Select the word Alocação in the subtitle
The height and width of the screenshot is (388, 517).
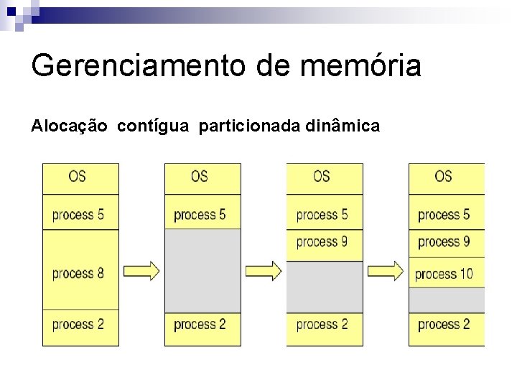pyautogui.click(x=70, y=126)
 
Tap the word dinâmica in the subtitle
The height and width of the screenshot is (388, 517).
pyautogui.click(x=343, y=126)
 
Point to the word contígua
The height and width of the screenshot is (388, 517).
pyautogui.click(x=153, y=126)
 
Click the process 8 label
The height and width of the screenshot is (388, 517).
pyautogui.click(x=78, y=273)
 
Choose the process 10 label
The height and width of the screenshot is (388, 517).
pyautogui.click(x=444, y=274)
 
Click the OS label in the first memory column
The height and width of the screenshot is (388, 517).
pyautogui.click(x=78, y=176)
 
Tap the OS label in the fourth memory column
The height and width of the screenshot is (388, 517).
pyautogui.click(x=444, y=176)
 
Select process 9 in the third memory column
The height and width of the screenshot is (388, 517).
pyautogui.click(x=322, y=241)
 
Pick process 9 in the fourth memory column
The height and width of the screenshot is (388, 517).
pyautogui.click(x=444, y=241)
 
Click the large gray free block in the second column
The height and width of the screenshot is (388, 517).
pyautogui.click(x=202, y=269)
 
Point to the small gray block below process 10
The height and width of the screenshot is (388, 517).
pyautogui.click(x=447, y=297)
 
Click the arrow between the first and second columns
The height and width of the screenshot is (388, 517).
pyautogui.click(x=141, y=271)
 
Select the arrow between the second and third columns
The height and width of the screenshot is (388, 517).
pyautogui.click(x=263, y=271)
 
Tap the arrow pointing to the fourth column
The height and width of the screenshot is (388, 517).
pyautogui.click(x=385, y=271)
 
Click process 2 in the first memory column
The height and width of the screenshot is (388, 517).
pyautogui.click(x=78, y=324)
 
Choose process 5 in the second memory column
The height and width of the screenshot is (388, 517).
pyautogui.click(x=200, y=214)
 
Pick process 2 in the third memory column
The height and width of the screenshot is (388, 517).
pyautogui.click(x=322, y=324)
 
